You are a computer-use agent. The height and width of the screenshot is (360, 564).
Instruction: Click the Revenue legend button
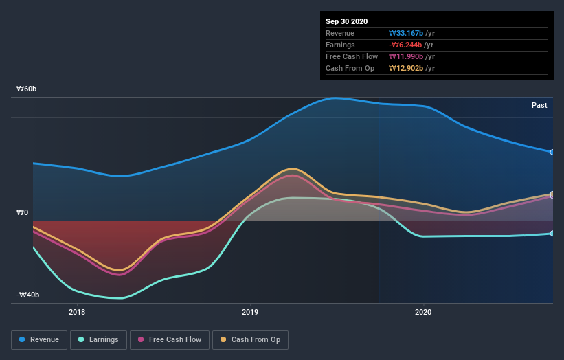[40, 339]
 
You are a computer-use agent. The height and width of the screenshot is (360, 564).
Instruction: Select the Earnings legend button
[99, 339]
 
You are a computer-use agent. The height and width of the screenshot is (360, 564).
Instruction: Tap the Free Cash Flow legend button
[170, 339]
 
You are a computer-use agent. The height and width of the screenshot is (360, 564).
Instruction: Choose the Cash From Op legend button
[251, 339]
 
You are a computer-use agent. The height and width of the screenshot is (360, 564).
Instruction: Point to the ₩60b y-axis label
[27, 89]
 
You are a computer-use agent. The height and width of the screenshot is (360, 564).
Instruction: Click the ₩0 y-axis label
[23, 212]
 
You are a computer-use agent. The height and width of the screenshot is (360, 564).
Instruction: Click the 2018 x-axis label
[78, 312]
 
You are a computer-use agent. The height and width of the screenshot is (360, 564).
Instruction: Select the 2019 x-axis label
[251, 312]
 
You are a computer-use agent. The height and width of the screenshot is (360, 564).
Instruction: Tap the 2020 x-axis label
[424, 312]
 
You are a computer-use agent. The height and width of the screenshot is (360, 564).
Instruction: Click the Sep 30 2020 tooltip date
[347, 21]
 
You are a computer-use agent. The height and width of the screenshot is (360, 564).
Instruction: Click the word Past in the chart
[539, 105]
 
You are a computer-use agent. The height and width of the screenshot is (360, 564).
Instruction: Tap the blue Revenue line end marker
[552, 152]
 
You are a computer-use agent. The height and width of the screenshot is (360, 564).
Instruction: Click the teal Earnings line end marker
[552, 234]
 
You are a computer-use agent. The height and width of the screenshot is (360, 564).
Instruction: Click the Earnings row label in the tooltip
[340, 45]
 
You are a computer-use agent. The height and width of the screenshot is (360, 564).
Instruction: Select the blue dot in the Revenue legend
[23, 339]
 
